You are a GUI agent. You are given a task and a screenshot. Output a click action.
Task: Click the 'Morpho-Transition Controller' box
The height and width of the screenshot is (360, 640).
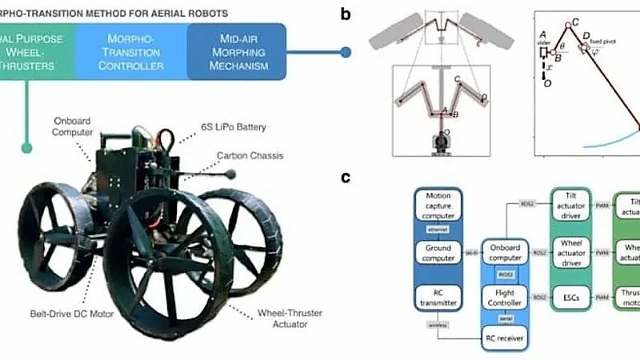coord(133,51)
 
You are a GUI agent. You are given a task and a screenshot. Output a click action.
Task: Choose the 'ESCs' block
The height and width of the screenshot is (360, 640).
coord(572,297)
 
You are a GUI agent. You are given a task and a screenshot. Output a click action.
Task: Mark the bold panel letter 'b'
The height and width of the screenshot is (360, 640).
coord(346,14)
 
